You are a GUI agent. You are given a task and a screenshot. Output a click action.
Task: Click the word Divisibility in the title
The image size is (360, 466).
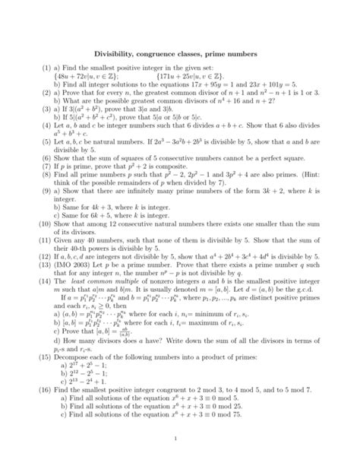(114, 55)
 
